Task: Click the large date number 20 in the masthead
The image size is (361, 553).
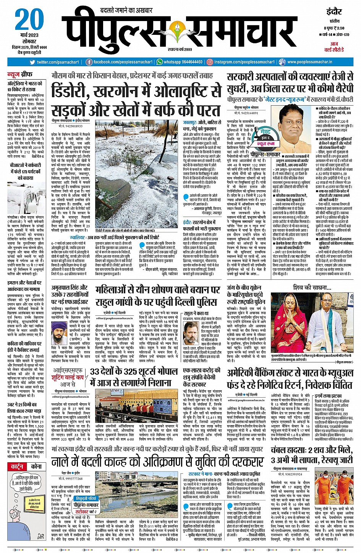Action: pyautogui.click(x=27, y=20)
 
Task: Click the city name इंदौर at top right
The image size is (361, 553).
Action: pyautogui.click(x=334, y=11)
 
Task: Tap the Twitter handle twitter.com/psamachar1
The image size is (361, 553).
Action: pyautogui.click(x=58, y=62)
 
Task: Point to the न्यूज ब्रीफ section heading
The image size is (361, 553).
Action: pyautogui.click(x=20, y=74)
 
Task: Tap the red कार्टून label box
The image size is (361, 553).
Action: pyautogui.click(x=18, y=467)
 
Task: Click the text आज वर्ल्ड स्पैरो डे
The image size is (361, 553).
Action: pyautogui.click(x=334, y=47)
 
